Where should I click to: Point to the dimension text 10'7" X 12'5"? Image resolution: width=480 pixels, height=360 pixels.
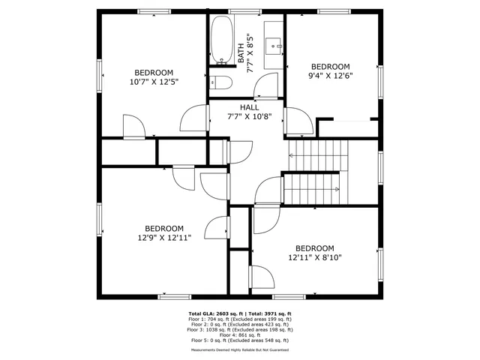tap(154, 81)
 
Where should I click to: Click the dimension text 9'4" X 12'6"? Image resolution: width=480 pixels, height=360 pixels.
tap(331, 75)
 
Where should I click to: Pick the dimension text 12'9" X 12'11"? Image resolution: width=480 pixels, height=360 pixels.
tap(163, 238)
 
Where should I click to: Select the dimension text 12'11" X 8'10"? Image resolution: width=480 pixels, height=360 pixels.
tap(314, 257)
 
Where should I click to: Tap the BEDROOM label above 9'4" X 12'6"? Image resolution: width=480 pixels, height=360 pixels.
tap(331, 66)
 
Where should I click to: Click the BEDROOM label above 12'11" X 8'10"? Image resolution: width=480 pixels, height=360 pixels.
tap(314, 248)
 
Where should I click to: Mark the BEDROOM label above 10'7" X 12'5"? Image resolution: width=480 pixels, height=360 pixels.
tap(154, 72)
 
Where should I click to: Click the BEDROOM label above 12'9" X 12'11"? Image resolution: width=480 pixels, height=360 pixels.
tap(163, 229)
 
